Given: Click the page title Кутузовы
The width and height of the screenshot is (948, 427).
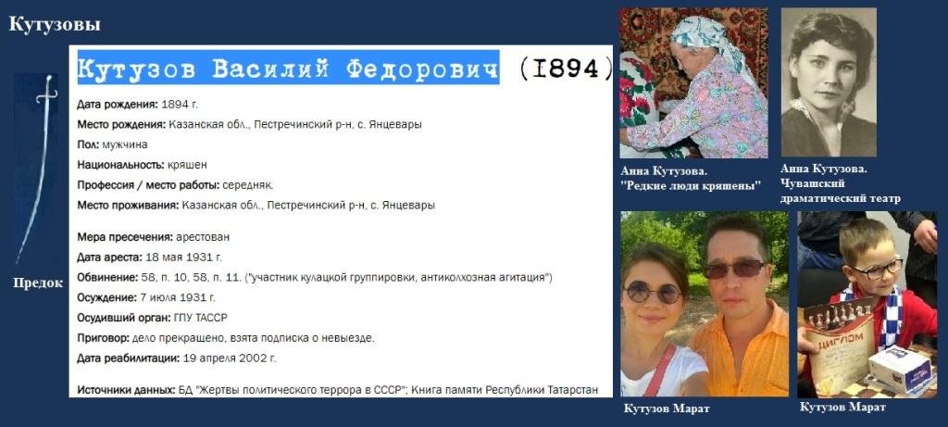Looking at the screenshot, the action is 55,25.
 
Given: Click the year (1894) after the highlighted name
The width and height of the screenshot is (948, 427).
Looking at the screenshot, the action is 566,69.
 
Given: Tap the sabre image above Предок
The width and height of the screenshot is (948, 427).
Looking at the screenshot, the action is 36,170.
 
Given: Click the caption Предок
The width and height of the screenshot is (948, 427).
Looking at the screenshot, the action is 38,283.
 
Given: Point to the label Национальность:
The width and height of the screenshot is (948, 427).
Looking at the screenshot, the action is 120,165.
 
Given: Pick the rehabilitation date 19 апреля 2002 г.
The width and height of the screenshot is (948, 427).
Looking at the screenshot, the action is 230,358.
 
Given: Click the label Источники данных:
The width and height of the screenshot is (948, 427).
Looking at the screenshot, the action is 126,390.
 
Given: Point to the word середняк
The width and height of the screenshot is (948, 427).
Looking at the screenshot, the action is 248,185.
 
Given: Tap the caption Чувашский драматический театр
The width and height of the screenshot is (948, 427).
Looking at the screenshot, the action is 841,191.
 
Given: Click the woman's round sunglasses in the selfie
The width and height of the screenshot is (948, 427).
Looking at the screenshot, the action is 653,293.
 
